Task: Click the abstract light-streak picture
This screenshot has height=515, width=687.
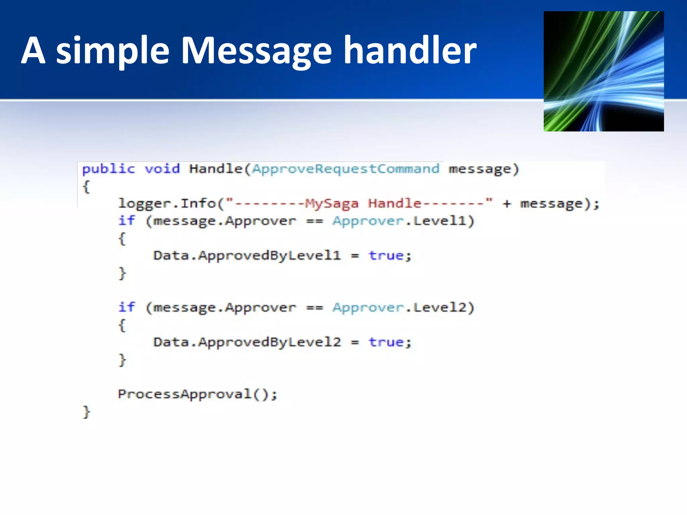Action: (x=603, y=71)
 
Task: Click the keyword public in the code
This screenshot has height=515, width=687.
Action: (x=108, y=169)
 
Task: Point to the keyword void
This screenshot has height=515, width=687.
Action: (x=162, y=169)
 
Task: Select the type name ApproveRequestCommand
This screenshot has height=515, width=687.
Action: (x=346, y=169)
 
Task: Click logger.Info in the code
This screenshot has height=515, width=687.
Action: (x=167, y=204)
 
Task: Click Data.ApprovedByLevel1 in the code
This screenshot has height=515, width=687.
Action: (x=247, y=255)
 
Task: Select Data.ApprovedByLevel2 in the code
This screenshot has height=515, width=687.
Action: (x=247, y=342)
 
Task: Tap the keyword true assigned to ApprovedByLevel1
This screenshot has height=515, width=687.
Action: (x=386, y=255)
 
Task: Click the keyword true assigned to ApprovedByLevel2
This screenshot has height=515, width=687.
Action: (x=386, y=342)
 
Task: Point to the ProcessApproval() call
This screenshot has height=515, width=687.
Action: (x=197, y=394)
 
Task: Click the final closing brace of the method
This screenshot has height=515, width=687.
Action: (x=86, y=412)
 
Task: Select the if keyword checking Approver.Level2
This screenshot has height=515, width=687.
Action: (x=126, y=307)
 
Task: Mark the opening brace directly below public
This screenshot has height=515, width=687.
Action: (x=86, y=186)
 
